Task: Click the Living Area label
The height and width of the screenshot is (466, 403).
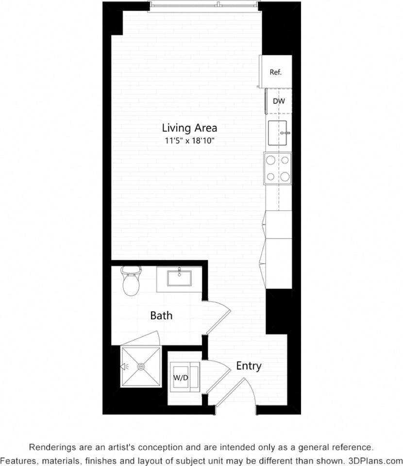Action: (189, 128)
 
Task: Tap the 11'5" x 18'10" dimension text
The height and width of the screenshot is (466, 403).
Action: (189, 141)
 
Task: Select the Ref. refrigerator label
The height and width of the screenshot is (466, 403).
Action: (276, 72)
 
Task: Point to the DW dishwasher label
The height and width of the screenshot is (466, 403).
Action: (279, 101)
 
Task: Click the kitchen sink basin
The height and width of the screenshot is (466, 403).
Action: (279, 133)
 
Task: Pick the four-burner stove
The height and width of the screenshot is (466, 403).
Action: (278, 168)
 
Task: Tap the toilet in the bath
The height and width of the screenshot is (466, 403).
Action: (131, 282)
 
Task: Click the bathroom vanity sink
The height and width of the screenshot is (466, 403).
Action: (179, 279)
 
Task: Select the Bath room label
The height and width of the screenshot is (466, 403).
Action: (161, 316)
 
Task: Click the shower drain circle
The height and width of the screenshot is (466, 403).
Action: (142, 366)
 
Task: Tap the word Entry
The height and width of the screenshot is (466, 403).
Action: (249, 366)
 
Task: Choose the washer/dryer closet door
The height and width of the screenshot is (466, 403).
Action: (217, 376)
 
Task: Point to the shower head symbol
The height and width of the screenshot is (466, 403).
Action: (125, 366)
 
